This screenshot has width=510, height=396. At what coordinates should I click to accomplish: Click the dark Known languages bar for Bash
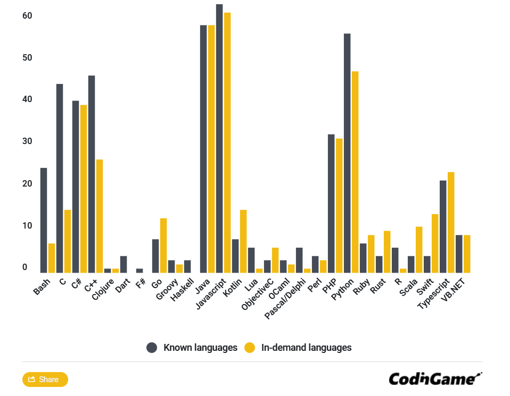(x=44, y=220)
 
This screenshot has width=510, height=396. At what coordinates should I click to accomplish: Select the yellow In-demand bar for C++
(x=100, y=216)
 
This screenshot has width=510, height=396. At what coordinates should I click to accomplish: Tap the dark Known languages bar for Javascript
(x=219, y=138)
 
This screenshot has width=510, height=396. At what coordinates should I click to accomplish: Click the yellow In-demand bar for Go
(x=163, y=245)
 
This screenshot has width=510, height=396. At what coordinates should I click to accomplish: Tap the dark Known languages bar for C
(x=60, y=178)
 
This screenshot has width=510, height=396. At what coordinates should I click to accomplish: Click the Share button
(x=45, y=380)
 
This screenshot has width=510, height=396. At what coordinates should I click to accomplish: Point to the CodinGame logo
(x=434, y=378)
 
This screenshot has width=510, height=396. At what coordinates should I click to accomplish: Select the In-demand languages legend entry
(x=298, y=348)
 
